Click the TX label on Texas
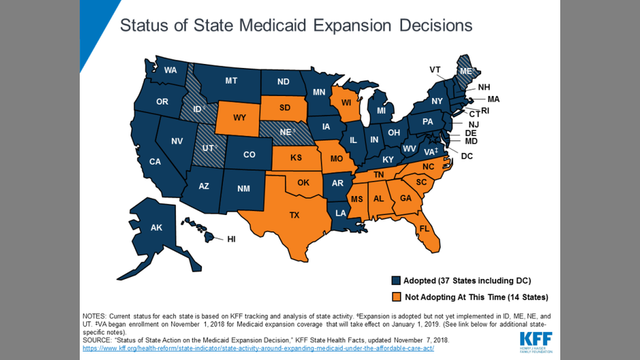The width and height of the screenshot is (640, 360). (294, 215)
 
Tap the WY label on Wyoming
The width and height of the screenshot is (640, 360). (240, 118)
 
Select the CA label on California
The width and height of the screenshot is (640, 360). (155, 162)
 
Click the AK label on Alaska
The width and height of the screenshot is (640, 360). (156, 227)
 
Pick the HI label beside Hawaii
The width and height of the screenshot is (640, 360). (231, 239)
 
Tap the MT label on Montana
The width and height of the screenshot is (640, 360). (231, 81)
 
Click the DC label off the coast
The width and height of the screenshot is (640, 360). (467, 156)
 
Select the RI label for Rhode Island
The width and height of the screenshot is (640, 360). (485, 111)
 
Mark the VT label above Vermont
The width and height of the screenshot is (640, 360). (435, 70)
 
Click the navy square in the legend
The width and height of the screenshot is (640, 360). (396, 281)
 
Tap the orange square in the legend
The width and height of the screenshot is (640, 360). (396, 297)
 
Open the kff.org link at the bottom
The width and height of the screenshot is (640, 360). (258, 349)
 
